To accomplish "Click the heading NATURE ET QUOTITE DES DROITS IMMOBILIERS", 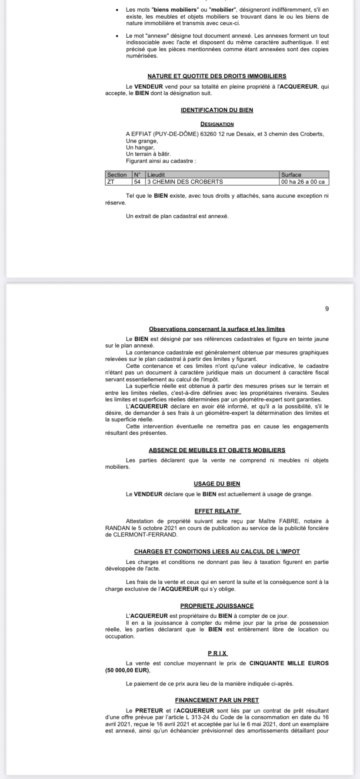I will tap(217, 76).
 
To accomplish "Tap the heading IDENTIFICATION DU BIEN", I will tap(217, 110).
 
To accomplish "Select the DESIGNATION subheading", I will tap(217, 124).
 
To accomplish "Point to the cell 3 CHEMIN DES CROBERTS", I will tap(185, 182).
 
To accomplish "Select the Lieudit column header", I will tap(156, 175).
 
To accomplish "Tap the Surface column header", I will tap(291, 175).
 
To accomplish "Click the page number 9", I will tap(327, 309).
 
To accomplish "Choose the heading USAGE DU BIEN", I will tap(217, 484).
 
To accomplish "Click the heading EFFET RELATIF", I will tap(217, 511).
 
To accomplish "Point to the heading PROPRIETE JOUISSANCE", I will tap(217, 606).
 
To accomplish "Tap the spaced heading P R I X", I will tap(217, 653).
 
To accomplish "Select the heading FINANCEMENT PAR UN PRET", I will tap(217, 700).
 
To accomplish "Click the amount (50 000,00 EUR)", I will tap(124, 670).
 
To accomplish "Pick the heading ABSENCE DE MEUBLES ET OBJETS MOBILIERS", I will tap(217, 450).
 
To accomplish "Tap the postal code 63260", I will tap(209, 134).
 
